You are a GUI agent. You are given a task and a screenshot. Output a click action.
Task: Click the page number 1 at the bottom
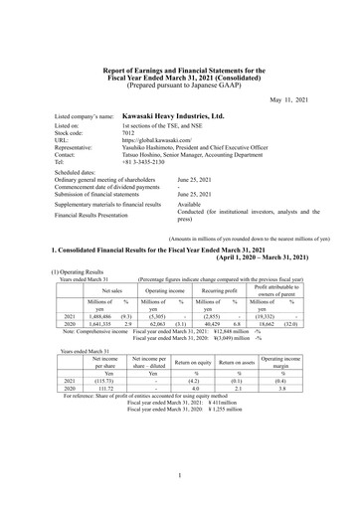click(179, 478)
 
